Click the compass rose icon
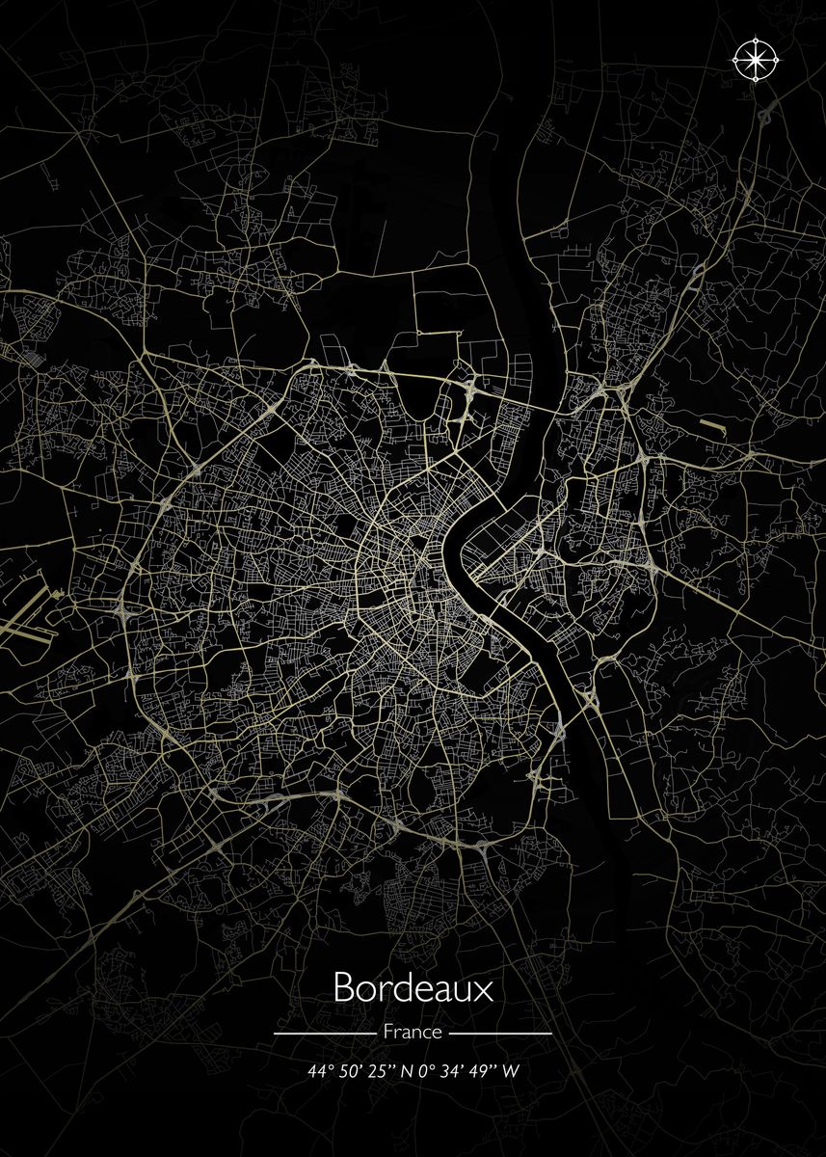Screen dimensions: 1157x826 tap(757, 60)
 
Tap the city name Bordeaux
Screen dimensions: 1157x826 tap(413, 988)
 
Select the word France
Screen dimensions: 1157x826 tap(413, 1032)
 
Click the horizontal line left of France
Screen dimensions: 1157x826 tap(324, 1033)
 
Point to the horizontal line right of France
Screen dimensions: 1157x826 tap(501, 1033)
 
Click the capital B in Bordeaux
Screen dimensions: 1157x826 tap(343, 988)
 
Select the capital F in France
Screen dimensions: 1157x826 tap(387, 1032)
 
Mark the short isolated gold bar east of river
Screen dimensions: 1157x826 tap(710, 423)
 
